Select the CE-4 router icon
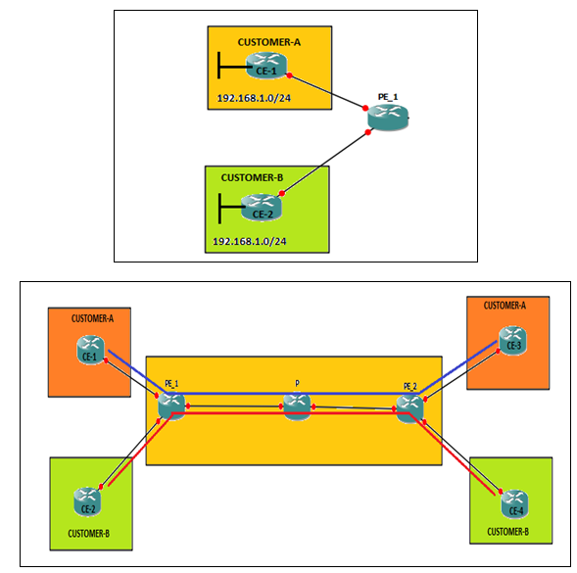click(x=512, y=503)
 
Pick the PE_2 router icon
click(x=410, y=405)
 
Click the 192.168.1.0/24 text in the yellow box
click(x=254, y=100)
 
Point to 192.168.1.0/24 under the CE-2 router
click(x=250, y=240)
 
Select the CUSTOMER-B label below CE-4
click(x=507, y=532)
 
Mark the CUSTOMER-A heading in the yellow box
click(x=268, y=42)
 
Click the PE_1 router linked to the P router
click(x=170, y=404)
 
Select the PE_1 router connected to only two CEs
click(x=385, y=117)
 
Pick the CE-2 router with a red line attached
click(x=87, y=502)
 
